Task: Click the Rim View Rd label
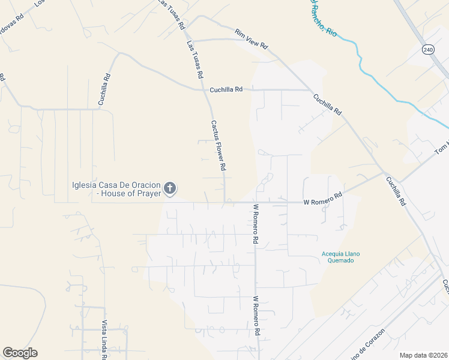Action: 251,39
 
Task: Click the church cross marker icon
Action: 170,189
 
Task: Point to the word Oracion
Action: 144,185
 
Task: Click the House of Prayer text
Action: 132,193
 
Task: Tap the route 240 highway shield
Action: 427,49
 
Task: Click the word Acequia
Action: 333,253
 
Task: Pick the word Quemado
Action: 341,260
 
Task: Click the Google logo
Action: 20,353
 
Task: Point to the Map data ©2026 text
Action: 423,355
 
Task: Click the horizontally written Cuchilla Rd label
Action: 226,90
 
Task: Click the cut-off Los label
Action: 40,3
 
